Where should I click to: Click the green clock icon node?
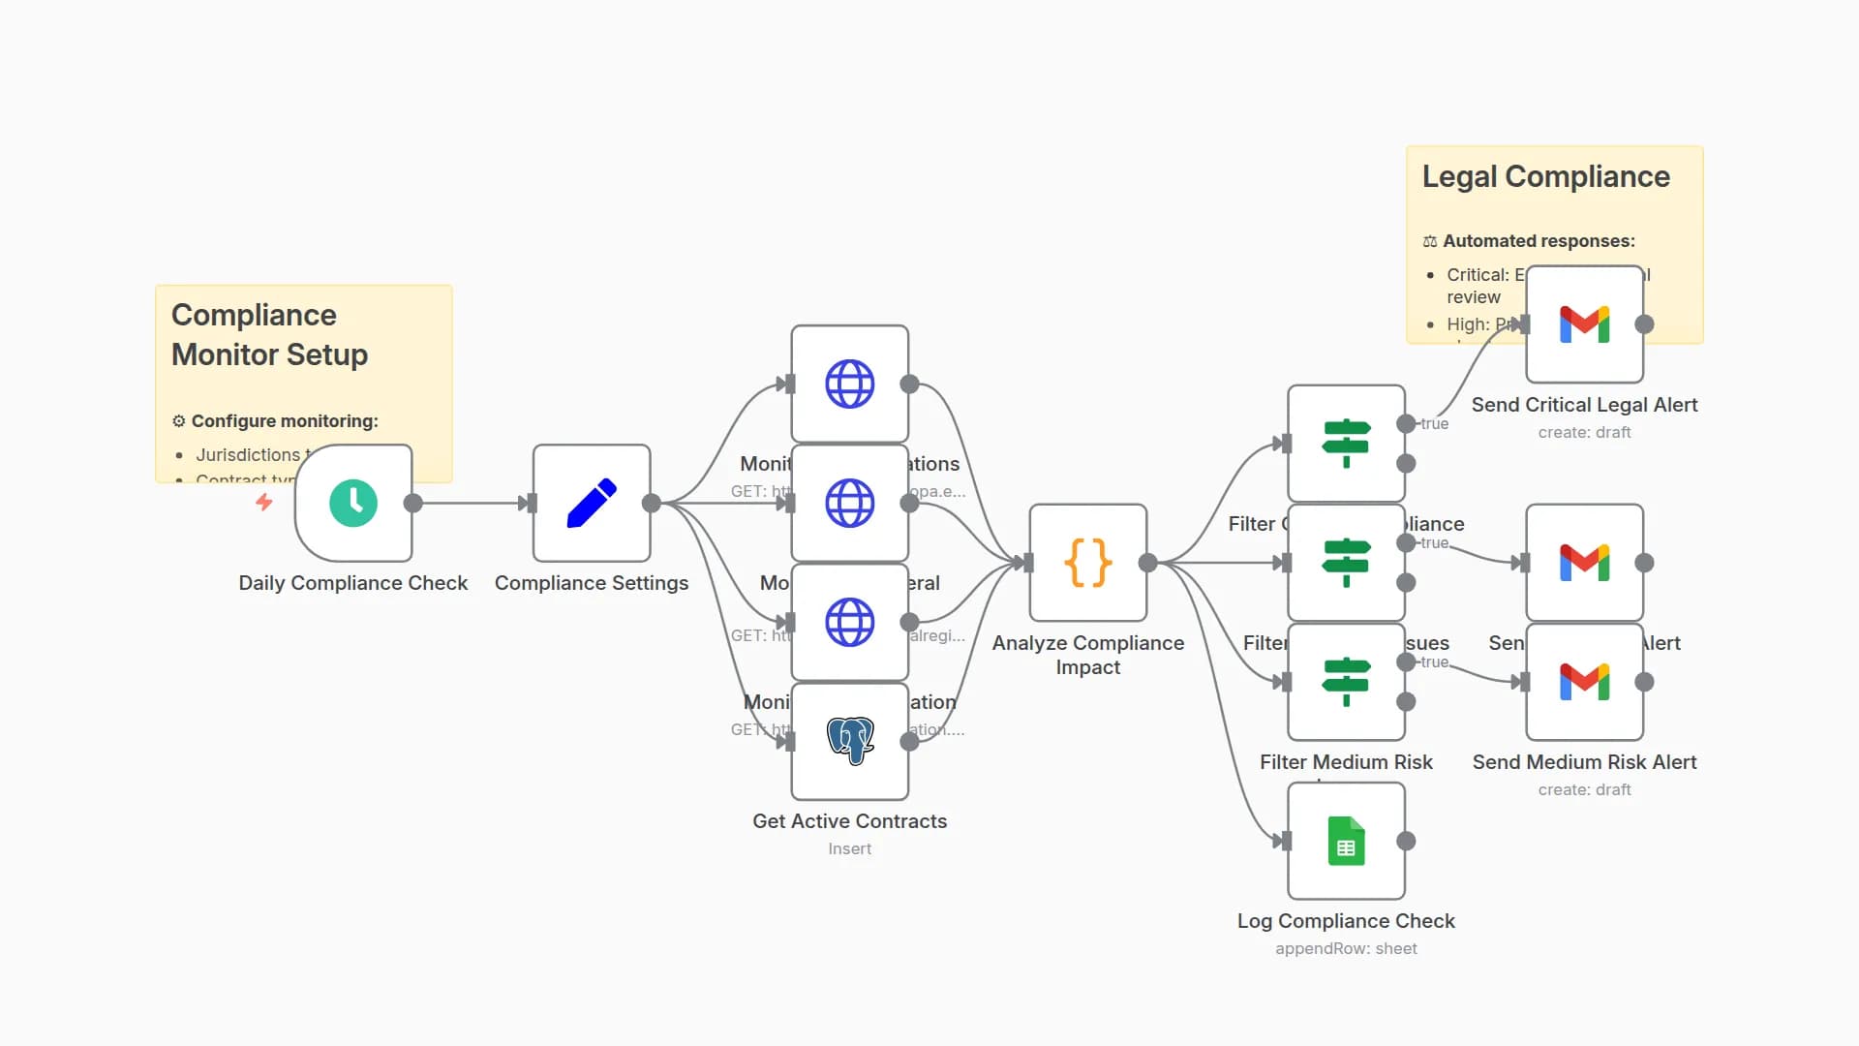pos(353,503)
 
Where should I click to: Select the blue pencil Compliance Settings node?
pos(592,503)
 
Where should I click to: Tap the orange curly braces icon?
pos(1087,563)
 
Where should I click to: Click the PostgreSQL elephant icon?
pos(850,741)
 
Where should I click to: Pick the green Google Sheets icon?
pos(1346,841)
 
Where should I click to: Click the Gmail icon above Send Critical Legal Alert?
pos(1584,324)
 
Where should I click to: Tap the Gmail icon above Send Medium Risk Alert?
pos(1584,682)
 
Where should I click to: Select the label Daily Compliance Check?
pos(353,583)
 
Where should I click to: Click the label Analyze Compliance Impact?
pos(1087,655)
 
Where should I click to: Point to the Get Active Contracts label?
pos(849,821)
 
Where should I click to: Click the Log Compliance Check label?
pos(1346,921)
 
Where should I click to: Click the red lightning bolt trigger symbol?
pos(263,502)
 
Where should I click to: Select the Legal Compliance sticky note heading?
pos(1545,177)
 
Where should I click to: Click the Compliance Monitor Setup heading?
pos(269,335)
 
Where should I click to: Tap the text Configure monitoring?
pos(284,421)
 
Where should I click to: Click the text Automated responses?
pos(1538,241)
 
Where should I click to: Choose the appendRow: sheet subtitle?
pos(1346,949)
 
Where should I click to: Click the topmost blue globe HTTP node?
pos(850,384)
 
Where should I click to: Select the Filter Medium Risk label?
pos(1346,762)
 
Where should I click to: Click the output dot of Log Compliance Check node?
pos(1406,841)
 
